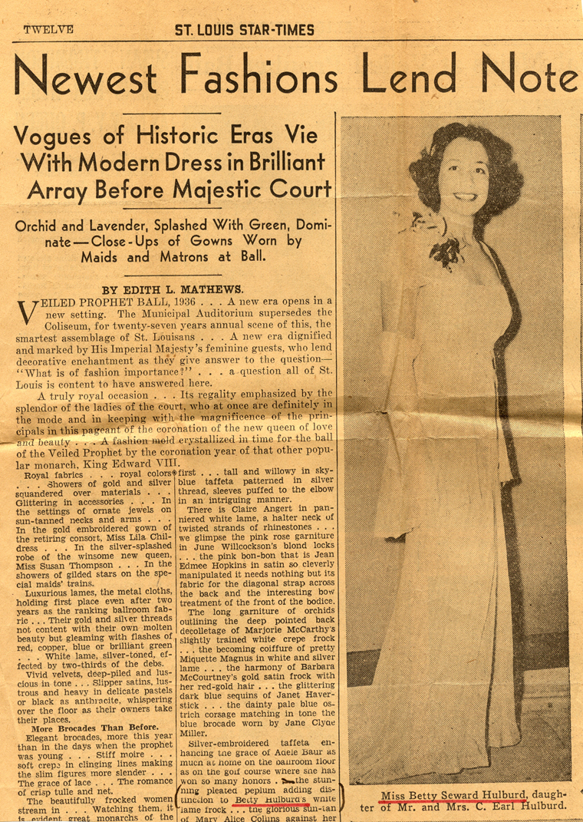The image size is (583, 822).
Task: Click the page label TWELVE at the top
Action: tap(48, 30)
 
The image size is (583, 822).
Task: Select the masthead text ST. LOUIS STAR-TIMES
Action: tap(245, 30)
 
